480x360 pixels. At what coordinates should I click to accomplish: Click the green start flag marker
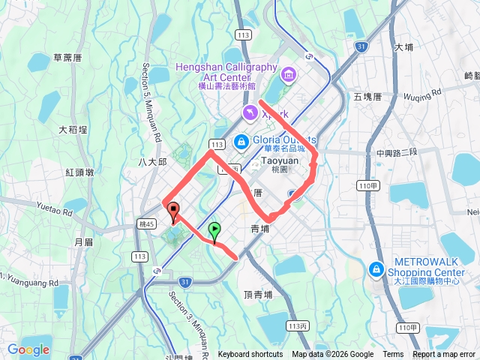(x=215, y=231)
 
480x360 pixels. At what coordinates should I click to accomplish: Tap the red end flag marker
(x=174, y=211)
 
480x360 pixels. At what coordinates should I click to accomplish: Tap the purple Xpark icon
(x=249, y=113)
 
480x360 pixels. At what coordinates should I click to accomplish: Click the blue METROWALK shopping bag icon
(x=376, y=268)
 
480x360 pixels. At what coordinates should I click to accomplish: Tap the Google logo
(x=28, y=349)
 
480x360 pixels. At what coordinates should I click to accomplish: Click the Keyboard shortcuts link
(x=250, y=355)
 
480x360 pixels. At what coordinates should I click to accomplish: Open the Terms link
(x=393, y=355)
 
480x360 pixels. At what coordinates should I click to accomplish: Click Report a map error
(x=445, y=355)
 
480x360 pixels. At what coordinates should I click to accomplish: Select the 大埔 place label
(x=403, y=47)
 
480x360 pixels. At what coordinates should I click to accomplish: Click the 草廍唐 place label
(x=68, y=57)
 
